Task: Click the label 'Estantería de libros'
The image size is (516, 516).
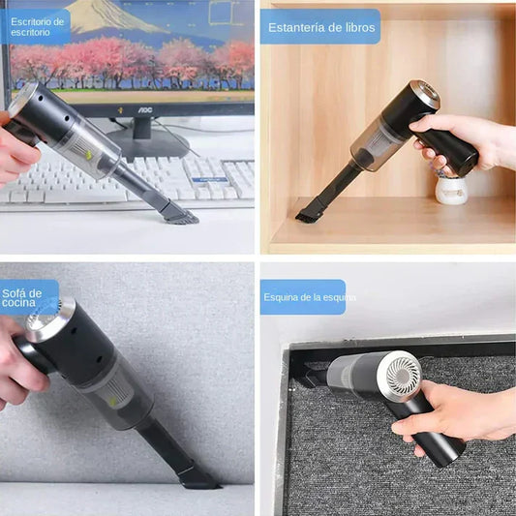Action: coord(319,26)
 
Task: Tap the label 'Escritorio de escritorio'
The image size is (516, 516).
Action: coord(37,27)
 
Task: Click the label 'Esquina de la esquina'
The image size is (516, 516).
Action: coord(302,296)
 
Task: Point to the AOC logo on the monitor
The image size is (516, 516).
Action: coord(144,109)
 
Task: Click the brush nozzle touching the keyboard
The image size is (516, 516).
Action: coord(180,214)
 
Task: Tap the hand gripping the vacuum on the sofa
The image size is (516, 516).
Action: coord(19,363)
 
